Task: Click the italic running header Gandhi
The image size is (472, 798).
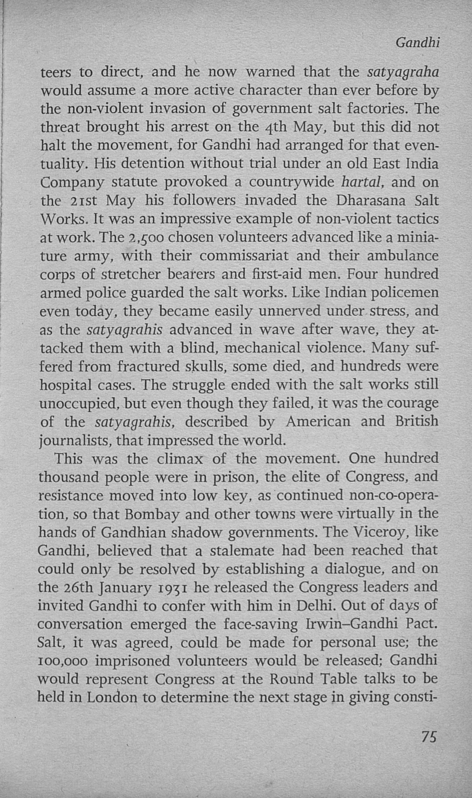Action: pyautogui.click(x=418, y=43)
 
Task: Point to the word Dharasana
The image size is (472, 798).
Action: pyautogui.click(x=371, y=201)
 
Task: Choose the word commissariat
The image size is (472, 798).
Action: pyautogui.click(x=244, y=256)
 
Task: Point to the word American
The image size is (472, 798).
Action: pyautogui.click(x=318, y=421)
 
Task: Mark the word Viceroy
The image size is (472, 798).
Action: pyautogui.click(x=381, y=532)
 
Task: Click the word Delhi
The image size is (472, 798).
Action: pyautogui.click(x=316, y=606)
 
